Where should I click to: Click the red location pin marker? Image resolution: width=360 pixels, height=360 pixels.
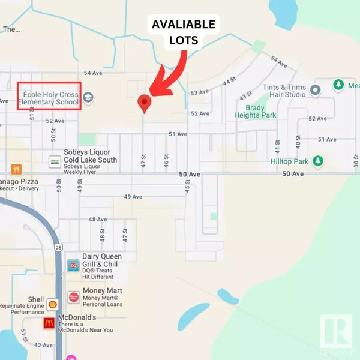pyautogui.click(x=143, y=103)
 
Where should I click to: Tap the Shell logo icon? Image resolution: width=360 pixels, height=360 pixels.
pyautogui.click(x=52, y=304)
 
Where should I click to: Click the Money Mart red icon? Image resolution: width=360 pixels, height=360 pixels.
pyautogui.click(x=73, y=297)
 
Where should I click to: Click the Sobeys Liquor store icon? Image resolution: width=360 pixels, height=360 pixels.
pyautogui.click(x=54, y=161)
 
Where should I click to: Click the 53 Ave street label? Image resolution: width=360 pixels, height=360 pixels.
pyautogui.click(x=199, y=93)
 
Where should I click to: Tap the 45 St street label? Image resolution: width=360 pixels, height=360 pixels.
pyautogui.click(x=187, y=190)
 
